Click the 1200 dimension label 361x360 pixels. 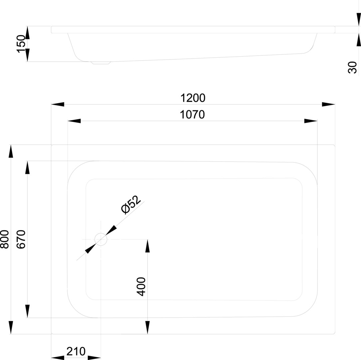(193, 98)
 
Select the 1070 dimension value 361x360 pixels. (192, 115)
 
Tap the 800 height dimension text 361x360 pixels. (5, 239)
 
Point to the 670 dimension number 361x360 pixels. (21, 239)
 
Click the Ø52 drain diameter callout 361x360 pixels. (131, 204)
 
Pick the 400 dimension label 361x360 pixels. (142, 286)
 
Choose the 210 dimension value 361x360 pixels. (76, 351)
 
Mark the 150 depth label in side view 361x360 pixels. (21, 44)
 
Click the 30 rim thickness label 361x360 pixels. (352, 67)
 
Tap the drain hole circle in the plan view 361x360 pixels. (101, 239)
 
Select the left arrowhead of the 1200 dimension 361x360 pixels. (58, 105)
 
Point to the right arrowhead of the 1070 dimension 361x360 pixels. (311, 121)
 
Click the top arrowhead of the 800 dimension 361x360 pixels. (11, 151)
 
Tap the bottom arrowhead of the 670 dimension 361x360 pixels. (28, 311)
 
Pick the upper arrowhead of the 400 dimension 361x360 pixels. (148, 246)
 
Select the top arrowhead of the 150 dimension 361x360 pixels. (28, 33)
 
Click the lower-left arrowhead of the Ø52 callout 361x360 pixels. (90, 249)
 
